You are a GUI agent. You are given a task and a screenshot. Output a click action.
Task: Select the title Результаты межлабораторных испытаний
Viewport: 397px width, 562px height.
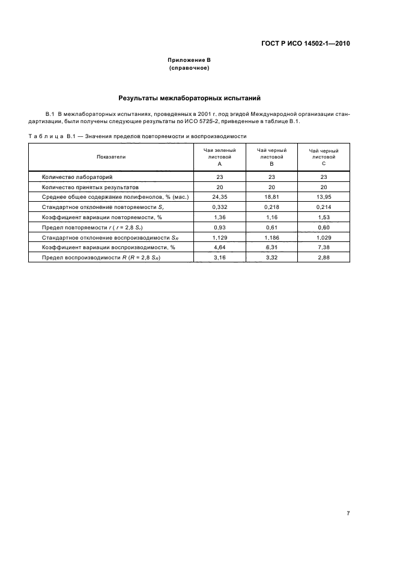(189, 97)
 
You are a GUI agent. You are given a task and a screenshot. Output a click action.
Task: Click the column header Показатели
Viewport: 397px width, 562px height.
(111, 157)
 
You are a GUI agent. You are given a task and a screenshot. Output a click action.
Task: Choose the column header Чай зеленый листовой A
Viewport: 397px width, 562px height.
(220, 157)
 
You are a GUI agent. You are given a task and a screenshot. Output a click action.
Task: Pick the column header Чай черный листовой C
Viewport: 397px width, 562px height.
(324, 157)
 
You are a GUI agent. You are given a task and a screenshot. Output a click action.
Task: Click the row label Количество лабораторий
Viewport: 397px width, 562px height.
(77, 177)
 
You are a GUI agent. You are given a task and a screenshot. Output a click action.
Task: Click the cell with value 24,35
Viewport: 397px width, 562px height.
(220, 197)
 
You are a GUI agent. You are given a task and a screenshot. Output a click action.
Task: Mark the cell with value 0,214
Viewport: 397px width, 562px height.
(324, 207)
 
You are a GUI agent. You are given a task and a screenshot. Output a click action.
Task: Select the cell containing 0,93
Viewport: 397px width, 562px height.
(220, 227)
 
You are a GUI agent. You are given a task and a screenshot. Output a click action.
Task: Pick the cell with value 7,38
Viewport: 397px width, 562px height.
(324, 247)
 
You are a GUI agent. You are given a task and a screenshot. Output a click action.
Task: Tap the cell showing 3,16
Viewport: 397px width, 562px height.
(220, 257)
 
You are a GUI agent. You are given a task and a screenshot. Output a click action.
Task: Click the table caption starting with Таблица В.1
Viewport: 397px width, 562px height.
(138, 137)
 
